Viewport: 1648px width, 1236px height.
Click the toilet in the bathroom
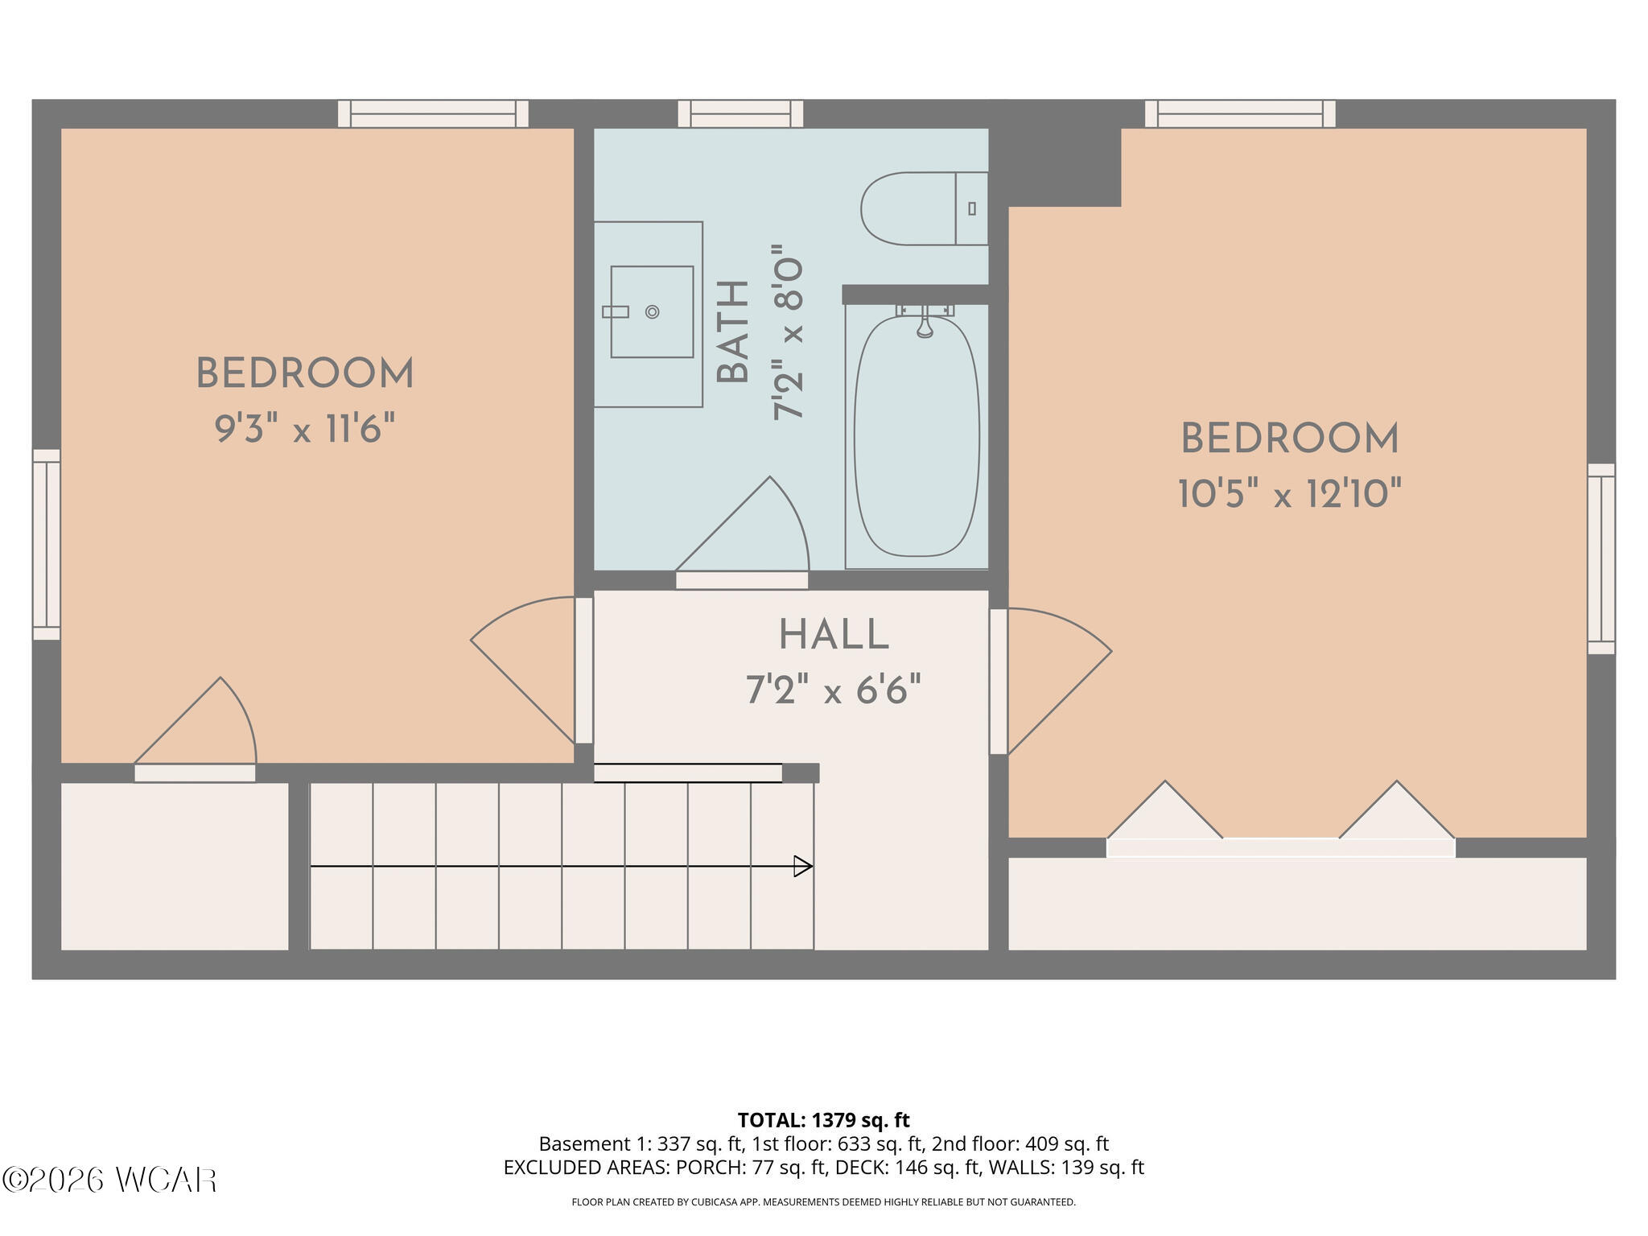pyautogui.click(x=924, y=208)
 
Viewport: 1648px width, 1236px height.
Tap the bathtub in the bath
pyautogui.click(x=917, y=436)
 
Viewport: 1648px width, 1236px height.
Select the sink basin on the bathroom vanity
pyautogui.click(x=652, y=311)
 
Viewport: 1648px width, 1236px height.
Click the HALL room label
pyautogui.click(x=834, y=635)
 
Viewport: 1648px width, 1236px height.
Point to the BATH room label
pyautogui.click(x=733, y=332)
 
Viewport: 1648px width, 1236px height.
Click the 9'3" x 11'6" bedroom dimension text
pyautogui.click(x=305, y=429)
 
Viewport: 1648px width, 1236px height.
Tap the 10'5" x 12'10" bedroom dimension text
pyautogui.click(x=1290, y=493)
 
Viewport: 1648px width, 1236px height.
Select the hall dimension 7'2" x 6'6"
pyautogui.click(x=834, y=690)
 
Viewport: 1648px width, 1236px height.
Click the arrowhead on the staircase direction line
pyautogui.click(x=803, y=866)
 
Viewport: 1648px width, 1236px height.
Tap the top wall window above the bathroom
pyautogui.click(x=740, y=113)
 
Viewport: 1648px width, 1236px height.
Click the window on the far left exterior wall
pyautogui.click(x=47, y=545)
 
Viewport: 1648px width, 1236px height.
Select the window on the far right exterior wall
pyautogui.click(x=1601, y=558)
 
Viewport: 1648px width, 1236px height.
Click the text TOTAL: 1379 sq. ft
pyautogui.click(x=823, y=1120)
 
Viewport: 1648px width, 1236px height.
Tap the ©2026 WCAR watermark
pyautogui.click(x=110, y=1180)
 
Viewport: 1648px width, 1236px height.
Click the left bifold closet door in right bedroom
pyautogui.click(x=1164, y=811)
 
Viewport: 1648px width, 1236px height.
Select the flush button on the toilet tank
pyautogui.click(x=972, y=208)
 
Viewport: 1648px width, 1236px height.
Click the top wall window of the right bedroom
pyautogui.click(x=1240, y=113)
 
